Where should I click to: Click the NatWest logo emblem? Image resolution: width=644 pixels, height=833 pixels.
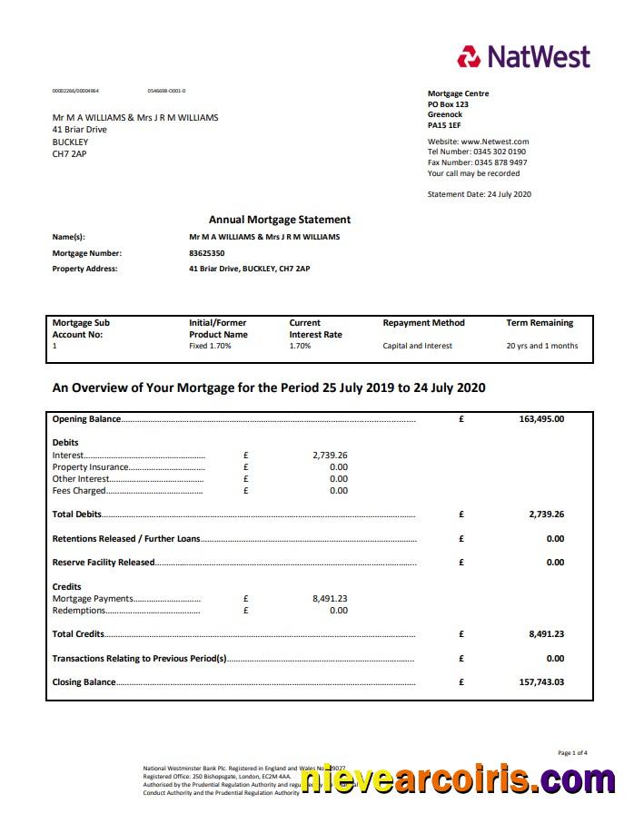(469, 57)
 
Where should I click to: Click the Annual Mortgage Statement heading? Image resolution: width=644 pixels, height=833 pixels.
(279, 220)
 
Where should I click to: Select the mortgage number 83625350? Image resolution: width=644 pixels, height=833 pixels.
(206, 253)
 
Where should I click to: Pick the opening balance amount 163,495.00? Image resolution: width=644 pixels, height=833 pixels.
(541, 419)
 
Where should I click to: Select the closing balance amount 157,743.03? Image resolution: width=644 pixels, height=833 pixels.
(541, 681)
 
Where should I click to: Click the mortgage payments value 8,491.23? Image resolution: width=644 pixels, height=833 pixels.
(330, 598)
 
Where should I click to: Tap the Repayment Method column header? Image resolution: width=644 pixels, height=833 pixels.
(423, 322)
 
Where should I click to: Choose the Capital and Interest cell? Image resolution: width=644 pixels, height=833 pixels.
(417, 346)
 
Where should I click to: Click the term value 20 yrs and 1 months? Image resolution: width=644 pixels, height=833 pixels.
(541, 346)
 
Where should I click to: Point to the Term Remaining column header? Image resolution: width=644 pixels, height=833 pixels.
(540, 322)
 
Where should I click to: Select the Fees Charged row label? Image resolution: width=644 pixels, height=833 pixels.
(79, 491)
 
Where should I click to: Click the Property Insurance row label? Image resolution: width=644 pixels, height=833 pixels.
(91, 467)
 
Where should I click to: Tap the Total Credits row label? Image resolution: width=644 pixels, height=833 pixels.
(78, 634)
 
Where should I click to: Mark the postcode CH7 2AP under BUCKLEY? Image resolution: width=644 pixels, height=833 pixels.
(70, 154)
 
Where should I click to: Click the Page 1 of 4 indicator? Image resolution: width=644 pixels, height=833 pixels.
(572, 752)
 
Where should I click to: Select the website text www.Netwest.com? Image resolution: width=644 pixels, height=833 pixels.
(494, 142)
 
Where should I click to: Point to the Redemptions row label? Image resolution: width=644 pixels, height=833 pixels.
(79, 611)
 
